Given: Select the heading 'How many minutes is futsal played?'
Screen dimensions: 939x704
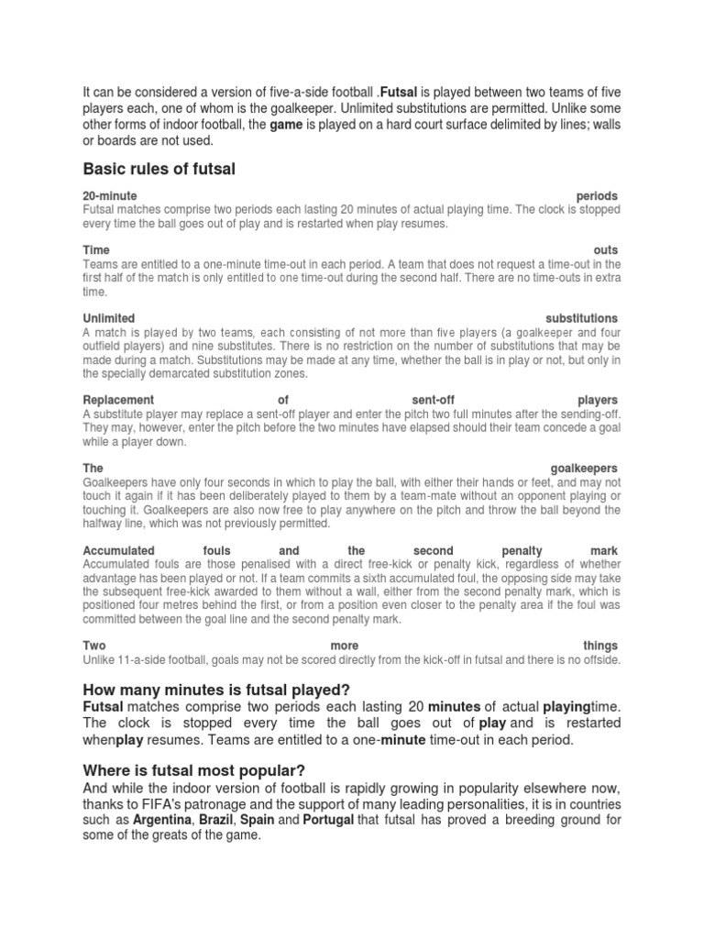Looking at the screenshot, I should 217,690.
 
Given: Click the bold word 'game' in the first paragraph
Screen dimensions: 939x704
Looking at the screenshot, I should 286,125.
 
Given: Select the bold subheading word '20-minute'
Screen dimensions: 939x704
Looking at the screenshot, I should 110,196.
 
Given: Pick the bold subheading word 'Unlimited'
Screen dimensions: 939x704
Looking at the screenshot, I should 109,318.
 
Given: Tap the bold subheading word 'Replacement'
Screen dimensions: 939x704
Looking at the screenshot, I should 118,400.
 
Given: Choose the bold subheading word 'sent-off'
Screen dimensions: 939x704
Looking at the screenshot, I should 433,400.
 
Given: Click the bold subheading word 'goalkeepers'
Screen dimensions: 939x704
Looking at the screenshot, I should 584,468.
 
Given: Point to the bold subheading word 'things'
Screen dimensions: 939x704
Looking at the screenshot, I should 600,646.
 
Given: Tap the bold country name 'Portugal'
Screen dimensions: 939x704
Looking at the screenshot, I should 328,819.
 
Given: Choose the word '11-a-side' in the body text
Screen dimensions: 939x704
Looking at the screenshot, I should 140,659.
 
